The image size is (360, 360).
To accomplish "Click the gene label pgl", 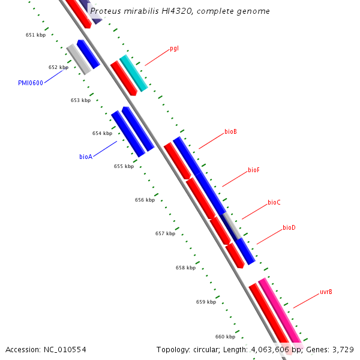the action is tap(174, 48).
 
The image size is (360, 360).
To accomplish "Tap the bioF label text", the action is tap(253, 170).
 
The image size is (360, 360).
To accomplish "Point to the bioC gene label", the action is tap(274, 203).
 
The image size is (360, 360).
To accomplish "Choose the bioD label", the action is tap(289, 228).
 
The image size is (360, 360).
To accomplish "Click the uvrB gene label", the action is tap(326, 292).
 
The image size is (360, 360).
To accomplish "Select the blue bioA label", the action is tap(85, 157).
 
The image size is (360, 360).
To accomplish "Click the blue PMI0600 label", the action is tap(31, 83).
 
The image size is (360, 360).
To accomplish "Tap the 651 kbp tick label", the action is tap(35, 35).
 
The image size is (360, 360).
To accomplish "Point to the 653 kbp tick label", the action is tap(80, 100).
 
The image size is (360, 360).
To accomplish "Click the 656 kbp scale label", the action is tap(145, 200).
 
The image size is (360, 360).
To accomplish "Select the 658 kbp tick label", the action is tap(185, 268).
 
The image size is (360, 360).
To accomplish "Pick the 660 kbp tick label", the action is tap(226, 337).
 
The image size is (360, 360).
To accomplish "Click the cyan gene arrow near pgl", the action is tap(133, 73).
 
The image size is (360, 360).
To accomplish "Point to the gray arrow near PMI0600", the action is tap(79, 59).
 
